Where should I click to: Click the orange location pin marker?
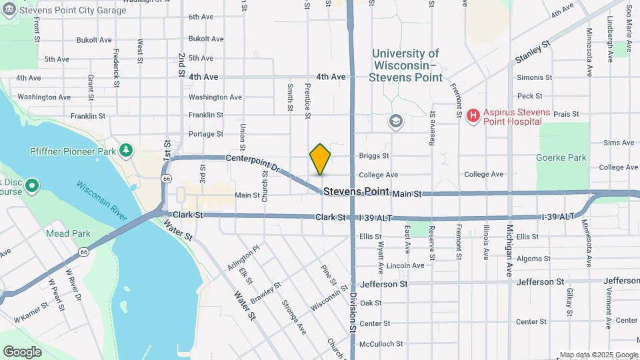tap(321, 159)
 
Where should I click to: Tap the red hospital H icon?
tap(473, 116)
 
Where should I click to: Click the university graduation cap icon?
tap(396, 121)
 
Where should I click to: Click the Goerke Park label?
tap(561, 158)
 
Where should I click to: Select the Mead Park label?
tap(68, 233)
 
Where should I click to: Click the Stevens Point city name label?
tap(356, 191)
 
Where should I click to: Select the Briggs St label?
tap(373, 156)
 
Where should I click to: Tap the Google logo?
tap(22, 351)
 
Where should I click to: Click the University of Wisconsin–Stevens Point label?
tap(406, 65)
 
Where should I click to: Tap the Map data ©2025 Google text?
tap(598, 355)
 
